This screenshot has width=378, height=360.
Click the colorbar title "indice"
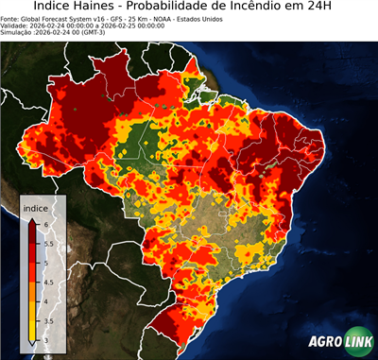[36, 207]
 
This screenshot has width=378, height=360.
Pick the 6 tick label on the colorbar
[44, 223]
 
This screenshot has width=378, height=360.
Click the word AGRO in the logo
[324, 343]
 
